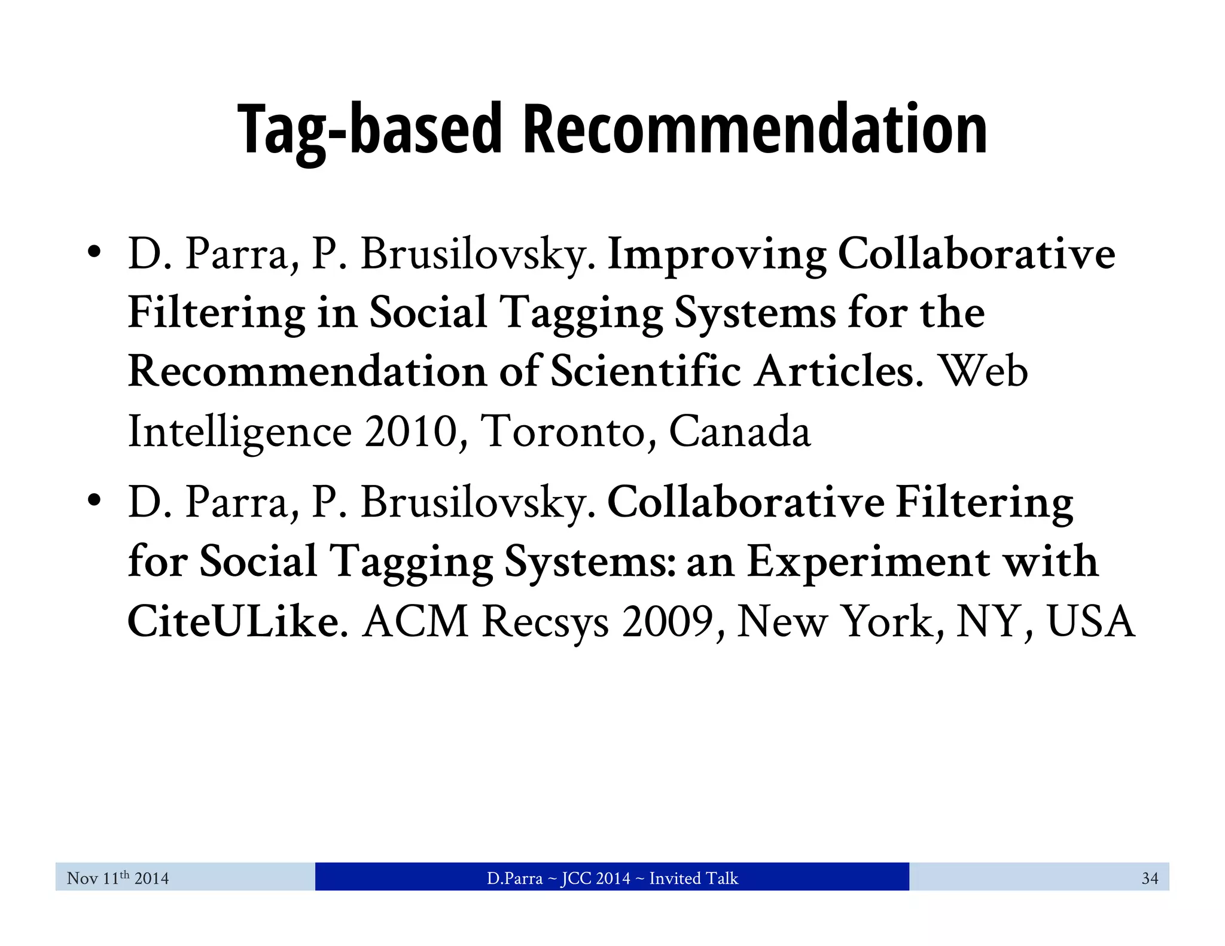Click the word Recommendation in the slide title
(x=755, y=130)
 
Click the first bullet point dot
(x=93, y=251)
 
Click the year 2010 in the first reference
(x=411, y=431)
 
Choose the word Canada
(x=739, y=431)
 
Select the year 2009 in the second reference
(x=668, y=622)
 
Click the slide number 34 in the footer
(x=1150, y=878)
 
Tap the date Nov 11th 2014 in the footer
(x=118, y=878)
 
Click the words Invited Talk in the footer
(x=693, y=878)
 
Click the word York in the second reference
(x=888, y=622)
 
